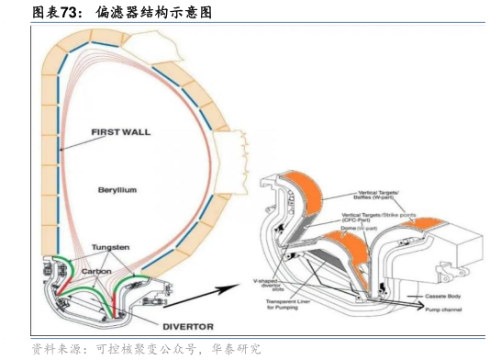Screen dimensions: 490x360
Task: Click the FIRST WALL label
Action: [120, 132]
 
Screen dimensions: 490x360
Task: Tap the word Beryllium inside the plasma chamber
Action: [117, 190]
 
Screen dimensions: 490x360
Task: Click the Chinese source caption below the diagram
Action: [146, 348]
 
